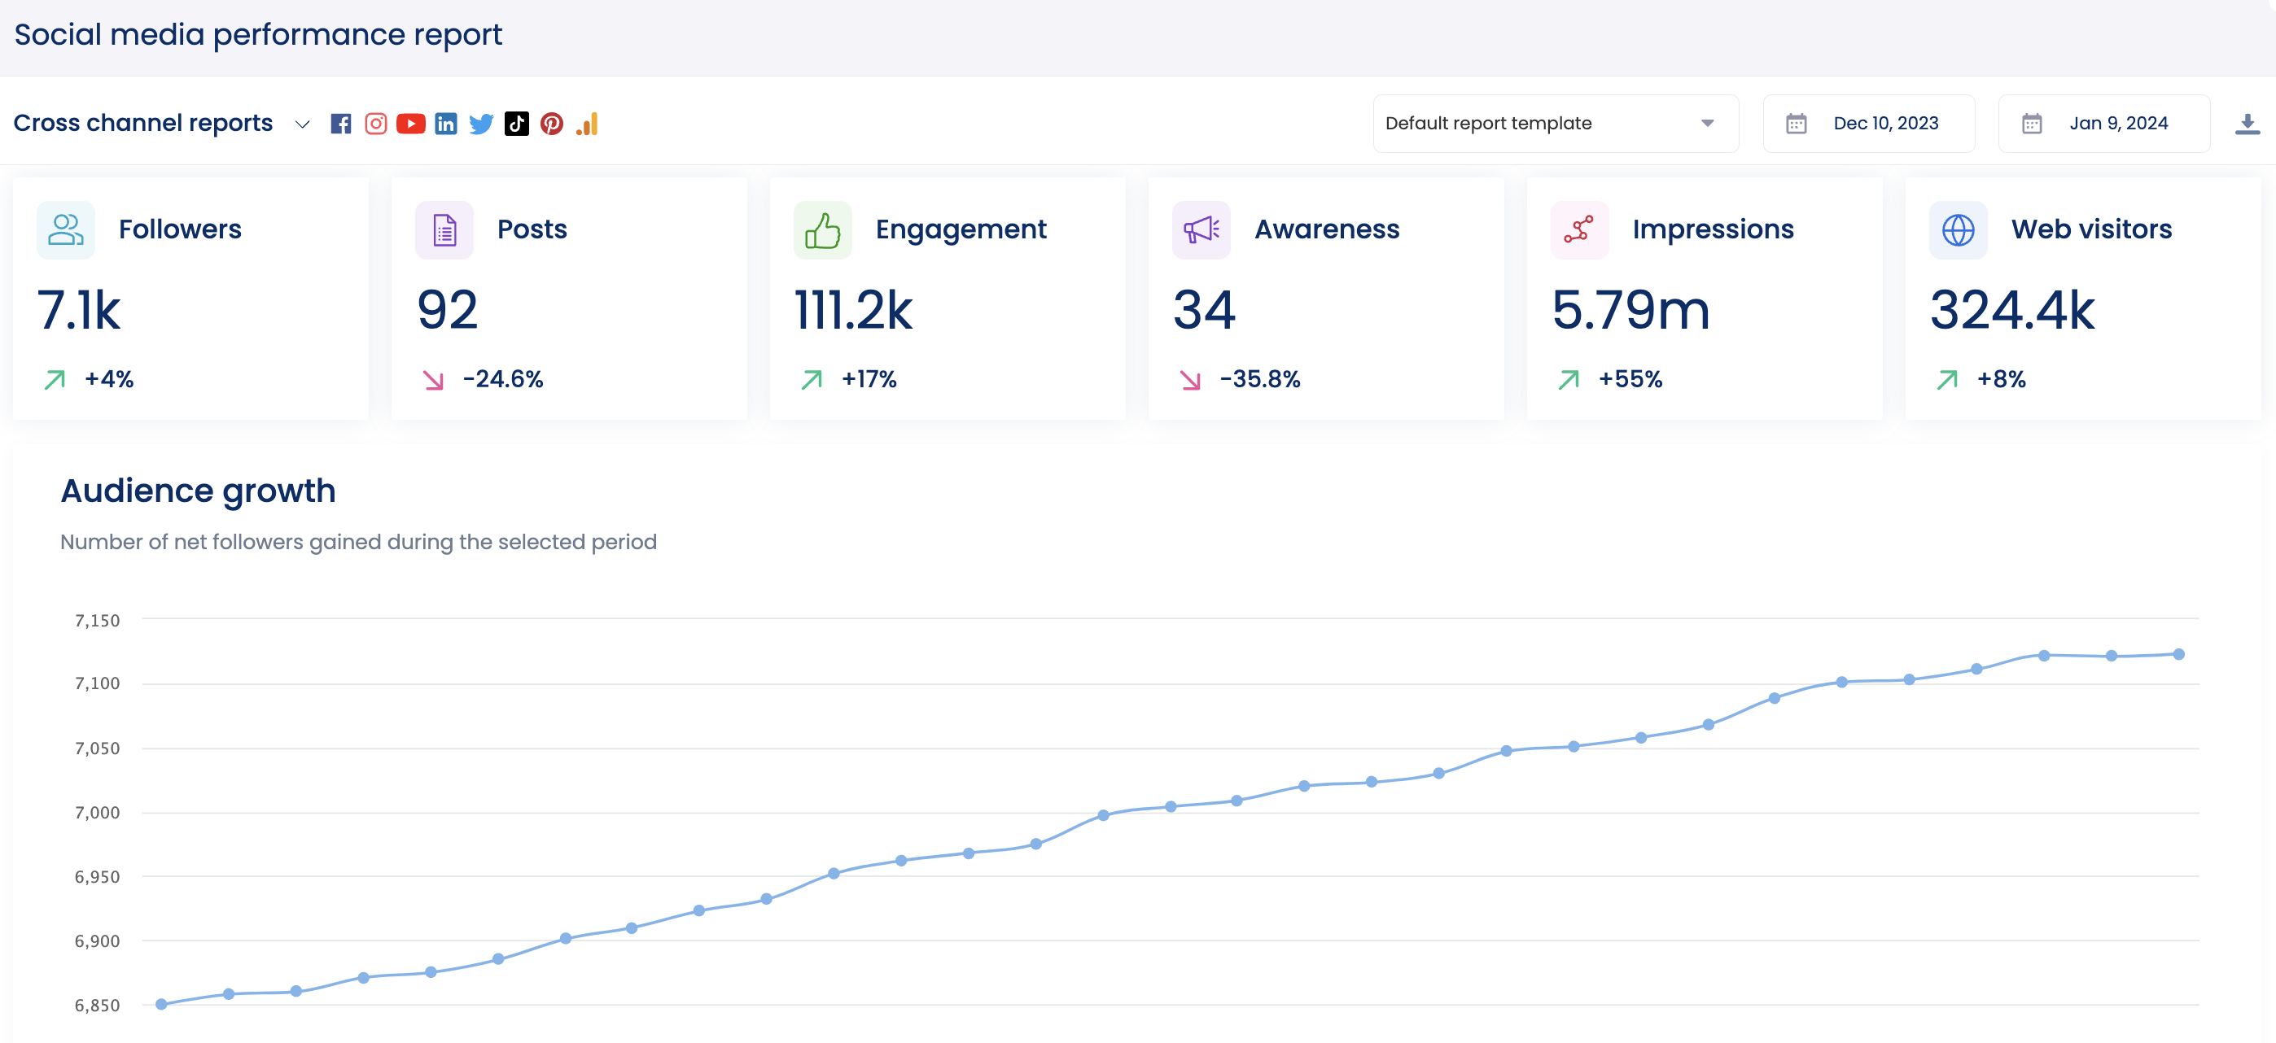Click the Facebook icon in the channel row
pyautogui.click(x=340, y=124)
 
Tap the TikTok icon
pyautogui.click(x=516, y=124)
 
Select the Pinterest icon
pyautogui.click(x=551, y=124)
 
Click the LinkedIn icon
pyautogui.click(x=446, y=124)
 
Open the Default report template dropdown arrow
pyautogui.click(x=1707, y=124)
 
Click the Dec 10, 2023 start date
pyautogui.click(x=1884, y=124)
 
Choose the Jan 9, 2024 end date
pyautogui.click(x=2118, y=124)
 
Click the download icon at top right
pyautogui.click(x=2247, y=124)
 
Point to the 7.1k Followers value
pyautogui.click(x=79, y=311)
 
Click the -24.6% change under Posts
pyautogui.click(x=502, y=379)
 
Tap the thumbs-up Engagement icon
pyautogui.click(x=821, y=230)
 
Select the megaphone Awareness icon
pyautogui.click(x=1201, y=230)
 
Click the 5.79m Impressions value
pyautogui.click(x=1630, y=311)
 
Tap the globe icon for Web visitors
pyautogui.click(x=1958, y=230)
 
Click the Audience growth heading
pyautogui.click(x=198, y=491)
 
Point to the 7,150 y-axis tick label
pyautogui.click(x=97, y=621)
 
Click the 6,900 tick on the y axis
pyautogui.click(x=97, y=941)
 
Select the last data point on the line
pyautogui.click(x=2178, y=654)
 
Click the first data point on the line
pyautogui.click(x=162, y=1004)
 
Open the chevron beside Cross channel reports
pyautogui.click(x=302, y=124)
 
